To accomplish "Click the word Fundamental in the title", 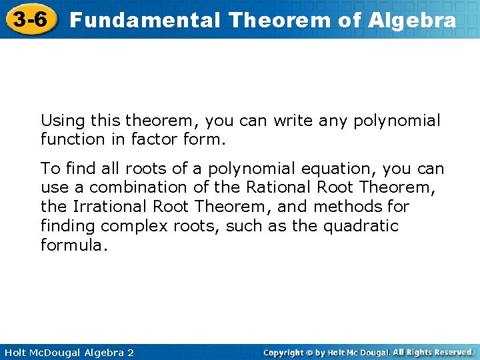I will click(x=144, y=20).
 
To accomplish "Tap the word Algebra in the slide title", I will click(x=412, y=20).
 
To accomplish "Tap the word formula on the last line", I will click(x=72, y=245).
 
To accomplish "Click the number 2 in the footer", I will click(x=130, y=352).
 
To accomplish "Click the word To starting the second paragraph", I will click(x=49, y=169).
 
